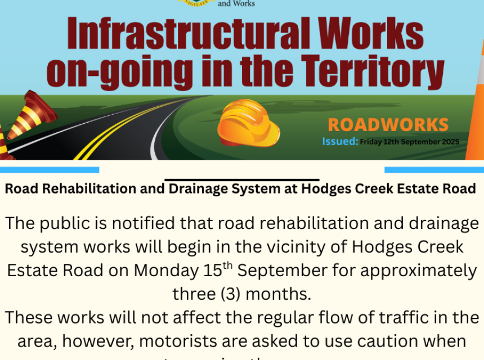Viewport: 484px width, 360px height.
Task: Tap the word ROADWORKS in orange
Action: click(x=388, y=125)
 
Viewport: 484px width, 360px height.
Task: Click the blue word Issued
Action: click(x=340, y=141)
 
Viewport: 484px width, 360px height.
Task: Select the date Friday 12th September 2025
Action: click(x=409, y=142)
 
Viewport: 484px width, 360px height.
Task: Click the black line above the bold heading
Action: click(x=242, y=180)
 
